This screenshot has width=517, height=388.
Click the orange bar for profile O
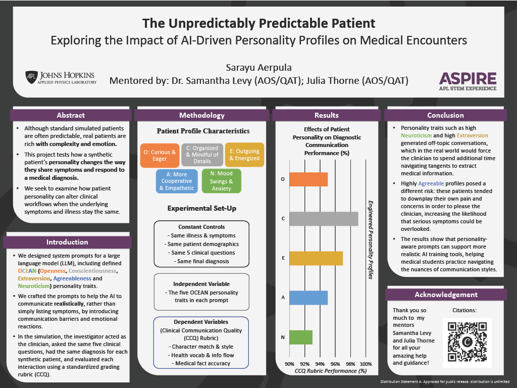coord(308,179)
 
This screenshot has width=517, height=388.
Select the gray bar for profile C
coord(324,219)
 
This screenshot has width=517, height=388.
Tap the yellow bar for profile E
coord(316,258)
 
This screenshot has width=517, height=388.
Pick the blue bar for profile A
coord(308,298)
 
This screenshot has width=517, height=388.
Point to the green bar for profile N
coord(301,337)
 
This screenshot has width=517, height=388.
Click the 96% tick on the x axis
coord(335,364)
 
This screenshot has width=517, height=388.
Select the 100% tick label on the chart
coord(366,364)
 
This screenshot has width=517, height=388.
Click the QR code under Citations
coord(467,342)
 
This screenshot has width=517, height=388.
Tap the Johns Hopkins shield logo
coord(31,77)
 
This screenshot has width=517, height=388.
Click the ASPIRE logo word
coord(468,78)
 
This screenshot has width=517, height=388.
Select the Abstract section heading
coord(71,115)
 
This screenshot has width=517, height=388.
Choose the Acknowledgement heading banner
coord(446,295)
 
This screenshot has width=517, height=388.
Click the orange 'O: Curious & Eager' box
coord(160,155)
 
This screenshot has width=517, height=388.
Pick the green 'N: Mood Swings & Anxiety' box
coord(221,181)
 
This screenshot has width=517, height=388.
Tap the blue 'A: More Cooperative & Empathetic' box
coord(177,181)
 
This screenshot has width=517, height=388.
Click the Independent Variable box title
coord(201,284)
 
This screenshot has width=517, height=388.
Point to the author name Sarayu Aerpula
coord(259,68)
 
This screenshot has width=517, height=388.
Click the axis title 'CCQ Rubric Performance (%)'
coord(331,371)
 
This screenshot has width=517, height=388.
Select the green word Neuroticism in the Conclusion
coord(416,135)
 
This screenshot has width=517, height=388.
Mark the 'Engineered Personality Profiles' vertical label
coord(371,240)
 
